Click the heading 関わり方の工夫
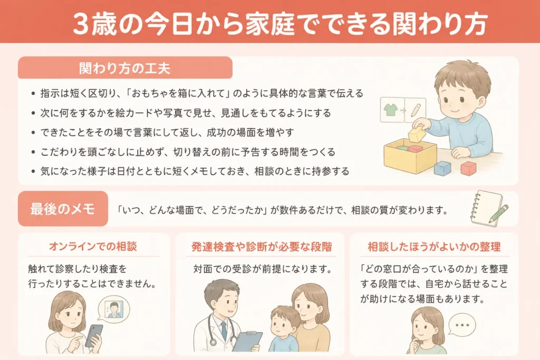click(x=124, y=68)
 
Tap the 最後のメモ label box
click(x=63, y=209)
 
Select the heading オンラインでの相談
click(x=93, y=247)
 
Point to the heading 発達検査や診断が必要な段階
click(x=262, y=247)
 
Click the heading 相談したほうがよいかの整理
click(x=435, y=247)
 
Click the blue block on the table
click(x=442, y=168)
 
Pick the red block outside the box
click(x=468, y=168)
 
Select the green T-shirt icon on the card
click(x=391, y=110)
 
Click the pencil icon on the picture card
click(x=416, y=110)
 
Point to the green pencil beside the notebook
click(x=499, y=213)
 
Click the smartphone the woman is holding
click(x=94, y=335)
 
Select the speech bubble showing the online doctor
click(x=114, y=308)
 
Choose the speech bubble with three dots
click(x=462, y=325)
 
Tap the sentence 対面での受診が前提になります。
click(x=263, y=269)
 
